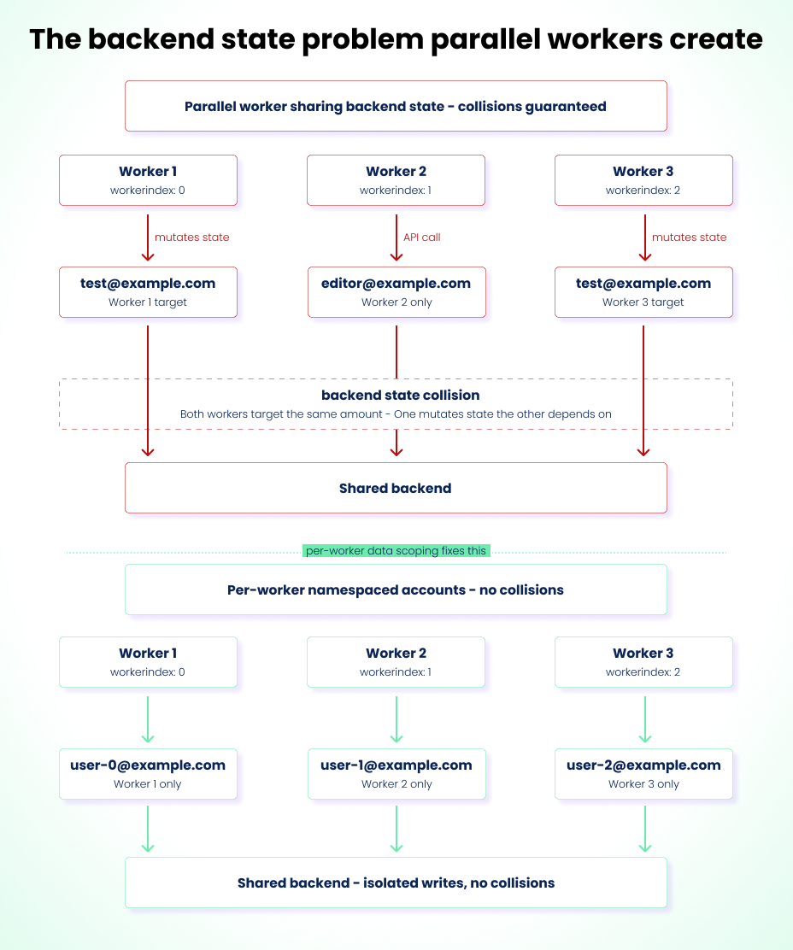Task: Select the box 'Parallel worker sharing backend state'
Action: click(x=396, y=106)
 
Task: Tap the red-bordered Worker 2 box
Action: click(x=396, y=180)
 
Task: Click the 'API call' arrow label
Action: click(x=421, y=237)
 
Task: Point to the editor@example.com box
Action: click(x=396, y=292)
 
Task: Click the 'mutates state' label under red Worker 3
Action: click(x=689, y=237)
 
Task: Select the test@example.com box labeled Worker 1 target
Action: click(x=148, y=292)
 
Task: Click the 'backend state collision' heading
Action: click(x=401, y=395)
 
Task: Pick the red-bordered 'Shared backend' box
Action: click(x=396, y=488)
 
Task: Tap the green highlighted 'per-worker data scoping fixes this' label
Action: click(x=396, y=551)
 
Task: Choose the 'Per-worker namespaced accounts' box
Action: click(x=396, y=589)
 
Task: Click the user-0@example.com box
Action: click(x=148, y=774)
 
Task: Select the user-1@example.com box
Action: click(x=396, y=774)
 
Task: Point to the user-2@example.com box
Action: click(x=643, y=774)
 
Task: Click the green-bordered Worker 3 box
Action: click(x=643, y=661)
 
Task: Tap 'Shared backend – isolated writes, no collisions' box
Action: click(x=396, y=883)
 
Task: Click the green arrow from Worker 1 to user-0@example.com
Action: click(x=148, y=720)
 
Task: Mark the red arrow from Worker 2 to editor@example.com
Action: click(x=396, y=237)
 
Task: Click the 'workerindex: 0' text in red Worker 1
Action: click(x=148, y=191)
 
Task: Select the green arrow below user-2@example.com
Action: click(x=645, y=829)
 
